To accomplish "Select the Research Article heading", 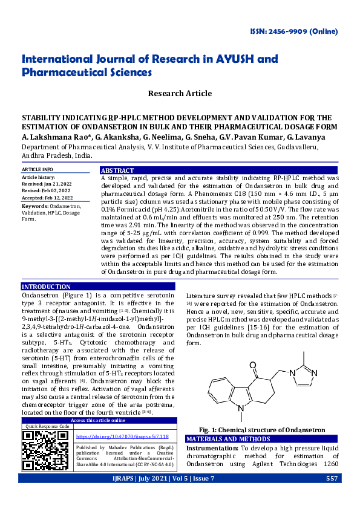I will [180, 93].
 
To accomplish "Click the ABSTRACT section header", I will [118, 170].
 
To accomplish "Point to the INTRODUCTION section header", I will [46, 287].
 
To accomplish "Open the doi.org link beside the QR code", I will [122, 435].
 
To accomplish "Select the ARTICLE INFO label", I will [38, 169].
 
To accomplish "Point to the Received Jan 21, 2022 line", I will [47, 184].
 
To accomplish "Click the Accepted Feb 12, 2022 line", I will [47, 198].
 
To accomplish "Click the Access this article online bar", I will [98, 420].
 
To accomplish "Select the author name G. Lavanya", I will [308, 138].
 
